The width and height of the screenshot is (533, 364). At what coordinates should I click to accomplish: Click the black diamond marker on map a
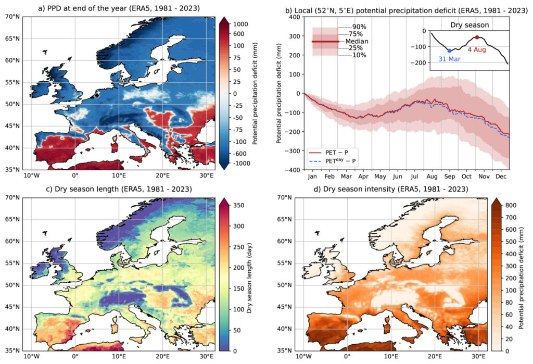point(97,95)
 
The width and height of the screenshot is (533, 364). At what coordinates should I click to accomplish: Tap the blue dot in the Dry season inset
point(449,51)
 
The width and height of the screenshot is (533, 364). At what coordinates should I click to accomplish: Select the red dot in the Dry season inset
point(477,37)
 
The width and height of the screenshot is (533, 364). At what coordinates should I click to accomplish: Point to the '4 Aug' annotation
point(478,49)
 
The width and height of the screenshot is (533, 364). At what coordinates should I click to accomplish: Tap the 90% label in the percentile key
point(358,28)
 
